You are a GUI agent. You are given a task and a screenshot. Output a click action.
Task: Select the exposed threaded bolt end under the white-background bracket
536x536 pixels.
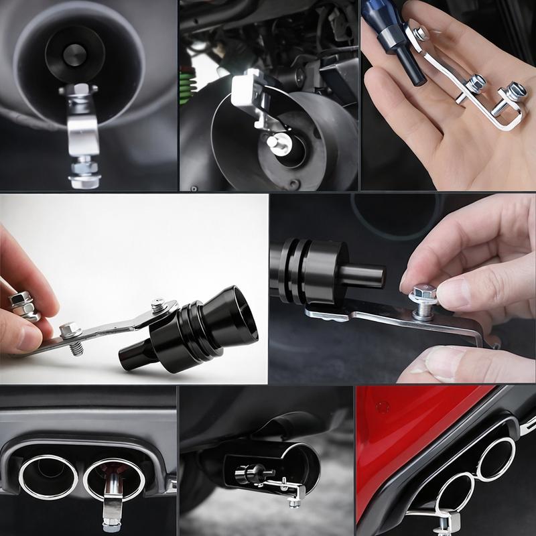coord(77,348)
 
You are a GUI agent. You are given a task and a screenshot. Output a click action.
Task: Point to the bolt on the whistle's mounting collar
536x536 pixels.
coord(157,306)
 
